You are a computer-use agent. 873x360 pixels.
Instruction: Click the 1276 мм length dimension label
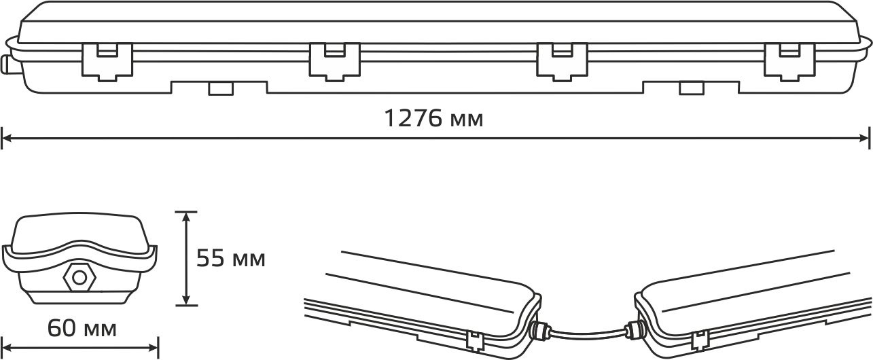pyautogui.click(x=433, y=118)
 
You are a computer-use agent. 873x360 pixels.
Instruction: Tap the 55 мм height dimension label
pyautogui.click(x=231, y=258)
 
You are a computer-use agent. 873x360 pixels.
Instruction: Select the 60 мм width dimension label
pyautogui.click(x=82, y=328)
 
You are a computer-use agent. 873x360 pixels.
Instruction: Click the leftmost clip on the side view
pyautogui.click(x=107, y=62)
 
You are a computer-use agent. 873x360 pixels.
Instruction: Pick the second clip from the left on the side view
pyautogui.click(x=335, y=62)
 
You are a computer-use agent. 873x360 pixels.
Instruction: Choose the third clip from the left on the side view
pyautogui.click(x=563, y=62)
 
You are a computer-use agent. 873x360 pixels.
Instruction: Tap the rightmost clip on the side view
pyautogui.click(x=789, y=62)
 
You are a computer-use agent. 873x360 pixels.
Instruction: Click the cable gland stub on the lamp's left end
pyautogui.click(x=6, y=65)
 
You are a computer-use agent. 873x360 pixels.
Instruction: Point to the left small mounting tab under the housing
pyautogui.click(x=221, y=88)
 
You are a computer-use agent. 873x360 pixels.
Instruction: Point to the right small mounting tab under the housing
pyautogui.click(x=692, y=88)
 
